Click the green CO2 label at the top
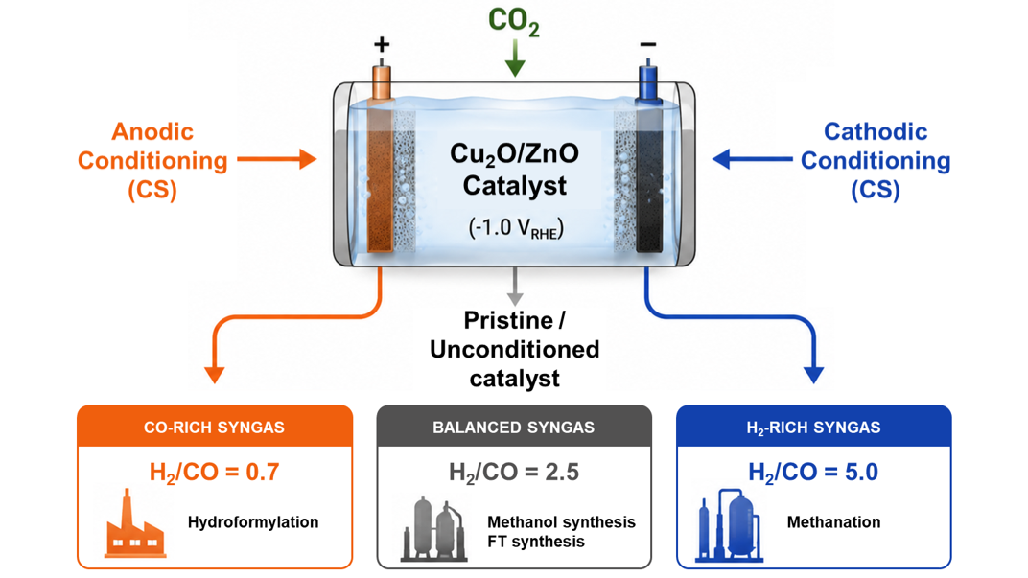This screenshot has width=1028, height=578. click(x=514, y=21)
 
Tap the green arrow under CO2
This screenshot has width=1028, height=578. click(x=515, y=58)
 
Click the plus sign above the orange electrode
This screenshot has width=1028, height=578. click(x=382, y=44)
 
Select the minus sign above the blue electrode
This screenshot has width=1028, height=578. click(x=647, y=44)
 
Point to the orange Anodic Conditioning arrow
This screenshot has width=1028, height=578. click(x=277, y=159)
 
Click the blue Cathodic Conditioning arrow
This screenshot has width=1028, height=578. click(x=752, y=158)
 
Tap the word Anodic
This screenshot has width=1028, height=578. click(x=152, y=131)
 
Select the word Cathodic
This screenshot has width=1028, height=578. click(x=876, y=131)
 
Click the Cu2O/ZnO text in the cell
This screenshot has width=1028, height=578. click(x=515, y=154)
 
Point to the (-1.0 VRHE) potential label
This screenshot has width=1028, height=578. click(x=515, y=228)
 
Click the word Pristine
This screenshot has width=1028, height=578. click(x=508, y=320)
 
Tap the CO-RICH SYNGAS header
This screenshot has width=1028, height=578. click(x=215, y=428)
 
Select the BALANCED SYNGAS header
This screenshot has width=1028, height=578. click(x=513, y=428)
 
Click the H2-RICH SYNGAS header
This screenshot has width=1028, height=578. click(x=813, y=428)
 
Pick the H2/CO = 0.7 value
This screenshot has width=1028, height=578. click(x=215, y=473)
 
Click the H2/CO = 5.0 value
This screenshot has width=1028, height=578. click(x=813, y=473)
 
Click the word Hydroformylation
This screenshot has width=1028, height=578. click(x=253, y=522)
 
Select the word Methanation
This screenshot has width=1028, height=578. click(x=834, y=522)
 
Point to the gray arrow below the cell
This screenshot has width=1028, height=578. click(x=515, y=287)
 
